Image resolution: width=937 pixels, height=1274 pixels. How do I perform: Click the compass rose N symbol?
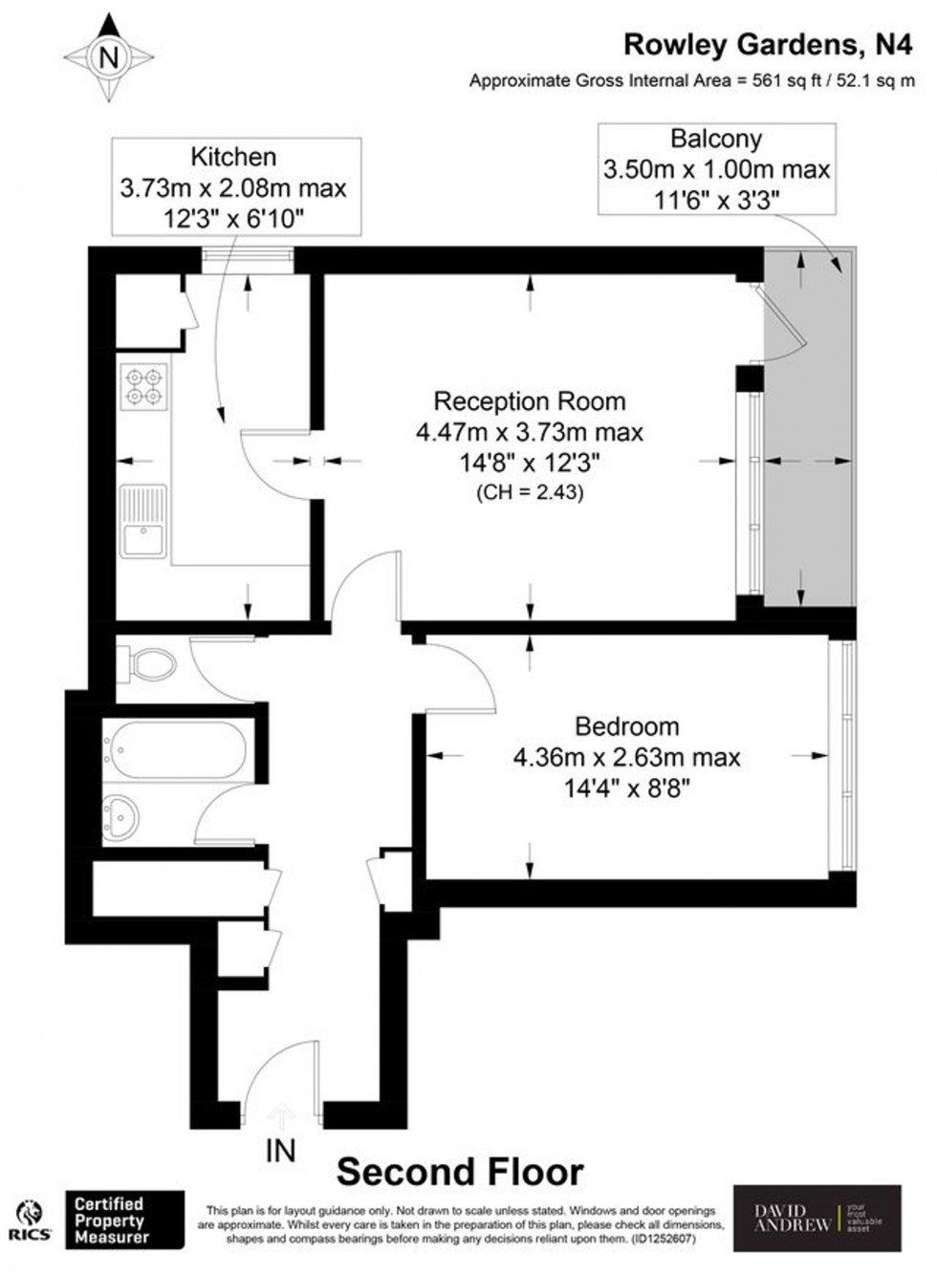click(109, 57)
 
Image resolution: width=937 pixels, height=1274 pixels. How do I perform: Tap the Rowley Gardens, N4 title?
click(768, 44)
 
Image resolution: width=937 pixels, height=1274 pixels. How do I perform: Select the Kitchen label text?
click(233, 157)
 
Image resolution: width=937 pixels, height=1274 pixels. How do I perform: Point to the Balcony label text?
click(716, 139)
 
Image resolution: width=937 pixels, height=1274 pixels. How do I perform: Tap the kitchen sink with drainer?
click(142, 521)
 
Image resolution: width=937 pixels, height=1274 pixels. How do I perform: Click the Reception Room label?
click(530, 401)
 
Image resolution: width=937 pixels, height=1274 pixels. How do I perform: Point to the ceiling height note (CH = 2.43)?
click(530, 493)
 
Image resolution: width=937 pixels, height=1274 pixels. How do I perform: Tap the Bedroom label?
click(627, 726)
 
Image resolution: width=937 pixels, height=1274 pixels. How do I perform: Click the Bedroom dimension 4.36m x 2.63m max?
click(627, 758)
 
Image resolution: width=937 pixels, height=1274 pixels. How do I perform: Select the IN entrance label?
click(280, 1151)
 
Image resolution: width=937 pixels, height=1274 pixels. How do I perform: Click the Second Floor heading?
click(460, 1172)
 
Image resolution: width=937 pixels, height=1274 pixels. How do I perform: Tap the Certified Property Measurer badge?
click(124, 1220)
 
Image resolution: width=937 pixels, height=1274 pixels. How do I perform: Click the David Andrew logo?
click(817, 1219)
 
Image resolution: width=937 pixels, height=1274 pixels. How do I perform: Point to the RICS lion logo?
click(31, 1220)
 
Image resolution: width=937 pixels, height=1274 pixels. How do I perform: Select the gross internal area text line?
click(691, 81)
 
